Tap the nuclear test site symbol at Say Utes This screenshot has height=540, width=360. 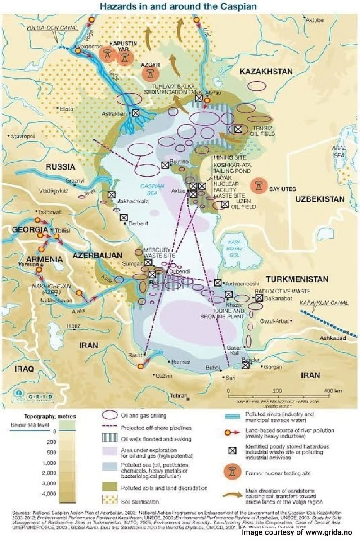pyautogui.click(x=259, y=185)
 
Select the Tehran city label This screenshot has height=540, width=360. pyautogui.click(x=178, y=396)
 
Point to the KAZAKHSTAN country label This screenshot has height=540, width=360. pyautogui.click(x=266, y=72)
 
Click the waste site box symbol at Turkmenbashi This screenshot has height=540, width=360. pyautogui.click(x=218, y=283)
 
